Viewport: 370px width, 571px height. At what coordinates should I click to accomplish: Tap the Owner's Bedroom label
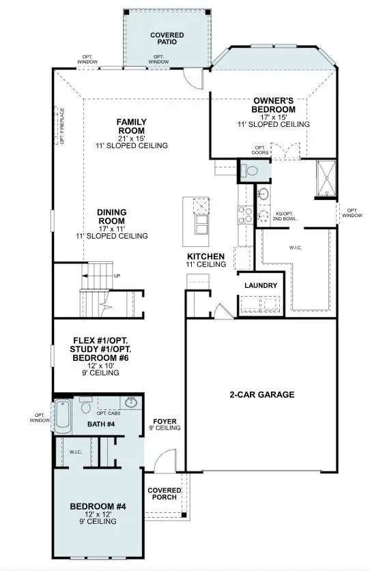point(273,105)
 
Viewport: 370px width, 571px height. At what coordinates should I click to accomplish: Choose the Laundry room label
point(260,285)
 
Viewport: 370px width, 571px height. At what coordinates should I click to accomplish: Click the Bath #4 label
point(102,424)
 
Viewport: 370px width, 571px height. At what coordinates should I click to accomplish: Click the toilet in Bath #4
point(85,407)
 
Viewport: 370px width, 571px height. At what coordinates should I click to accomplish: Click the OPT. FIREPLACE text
point(62,127)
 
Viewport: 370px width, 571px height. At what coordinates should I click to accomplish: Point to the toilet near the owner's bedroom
point(248,171)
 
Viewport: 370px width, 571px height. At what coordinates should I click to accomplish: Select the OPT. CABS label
point(109,413)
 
